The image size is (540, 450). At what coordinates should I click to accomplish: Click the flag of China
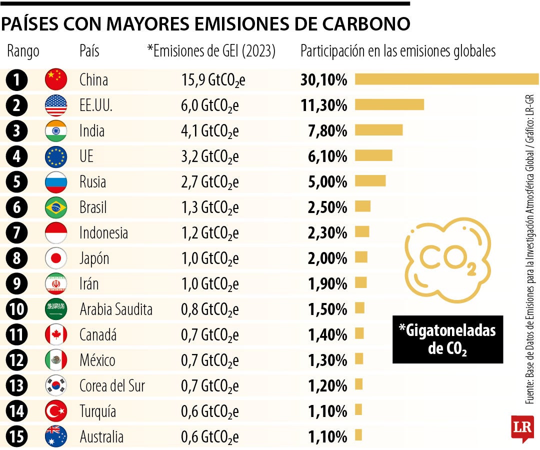56,79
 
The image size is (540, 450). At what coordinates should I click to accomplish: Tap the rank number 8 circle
17,258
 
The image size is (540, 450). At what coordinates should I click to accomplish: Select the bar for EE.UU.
389,104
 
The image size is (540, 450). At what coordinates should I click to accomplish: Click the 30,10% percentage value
323,79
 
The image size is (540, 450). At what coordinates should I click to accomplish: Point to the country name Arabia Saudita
116,309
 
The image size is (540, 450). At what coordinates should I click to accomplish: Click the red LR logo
522,428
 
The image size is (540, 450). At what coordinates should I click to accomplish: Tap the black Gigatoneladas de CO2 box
447,339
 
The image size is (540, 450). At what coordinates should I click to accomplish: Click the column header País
89,51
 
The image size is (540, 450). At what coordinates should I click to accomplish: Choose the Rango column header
23,51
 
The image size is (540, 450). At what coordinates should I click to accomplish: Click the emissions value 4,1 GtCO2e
210,131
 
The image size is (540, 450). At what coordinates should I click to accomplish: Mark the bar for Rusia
370,180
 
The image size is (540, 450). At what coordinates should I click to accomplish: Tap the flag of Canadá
56,334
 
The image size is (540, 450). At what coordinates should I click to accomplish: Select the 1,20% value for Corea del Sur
327,386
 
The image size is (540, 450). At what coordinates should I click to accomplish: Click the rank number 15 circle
17,437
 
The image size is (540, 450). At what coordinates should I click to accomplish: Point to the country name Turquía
98,411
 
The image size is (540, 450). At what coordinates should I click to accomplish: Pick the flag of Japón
56,258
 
